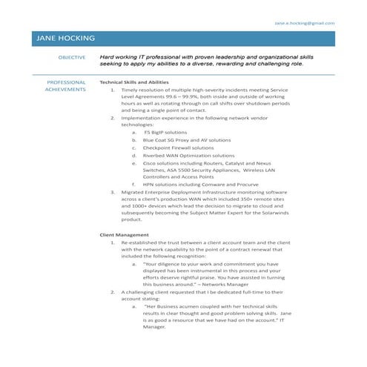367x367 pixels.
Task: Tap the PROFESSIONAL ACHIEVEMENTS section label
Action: pos(66,86)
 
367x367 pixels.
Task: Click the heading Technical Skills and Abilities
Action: pos(134,82)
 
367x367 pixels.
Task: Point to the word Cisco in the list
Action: pos(151,164)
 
